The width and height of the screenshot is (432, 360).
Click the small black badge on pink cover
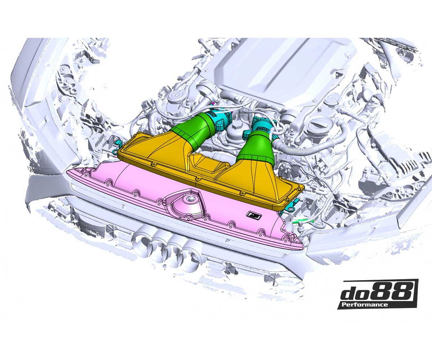[251, 215]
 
